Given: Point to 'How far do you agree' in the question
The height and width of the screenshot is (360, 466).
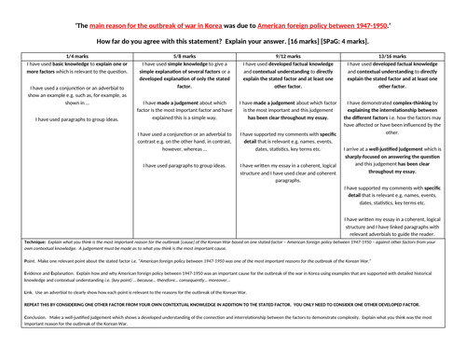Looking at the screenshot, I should (128, 42).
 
